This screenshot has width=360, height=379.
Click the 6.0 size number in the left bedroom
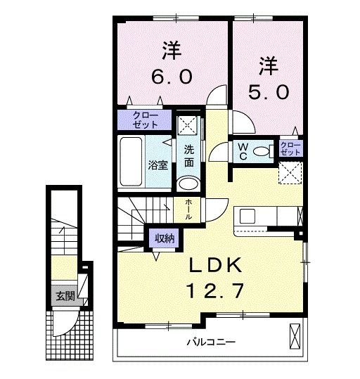tap(172, 77)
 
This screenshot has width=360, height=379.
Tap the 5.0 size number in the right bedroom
tap(269, 92)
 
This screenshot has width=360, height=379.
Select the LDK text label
tap(215, 265)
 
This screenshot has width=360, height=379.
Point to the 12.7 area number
tap(214, 291)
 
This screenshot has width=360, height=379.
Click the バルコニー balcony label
tap(211, 342)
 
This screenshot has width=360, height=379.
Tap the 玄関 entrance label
tap(65, 296)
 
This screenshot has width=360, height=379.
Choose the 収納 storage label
tap(165, 238)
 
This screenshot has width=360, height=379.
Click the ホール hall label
tap(188, 210)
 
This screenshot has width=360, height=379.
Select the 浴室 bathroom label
tap(158, 165)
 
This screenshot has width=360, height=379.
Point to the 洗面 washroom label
tap(189, 156)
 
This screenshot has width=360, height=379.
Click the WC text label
tap(243, 152)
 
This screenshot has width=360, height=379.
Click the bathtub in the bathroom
tap(131, 162)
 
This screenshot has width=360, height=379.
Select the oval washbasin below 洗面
tap(188, 184)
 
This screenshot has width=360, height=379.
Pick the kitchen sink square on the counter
tap(247, 216)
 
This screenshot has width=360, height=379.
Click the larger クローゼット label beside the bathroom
tap(145, 120)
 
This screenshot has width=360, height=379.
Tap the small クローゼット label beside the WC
tap(290, 148)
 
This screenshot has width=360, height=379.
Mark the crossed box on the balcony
tap(295, 336)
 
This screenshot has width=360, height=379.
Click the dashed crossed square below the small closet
tap(290, 173)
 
